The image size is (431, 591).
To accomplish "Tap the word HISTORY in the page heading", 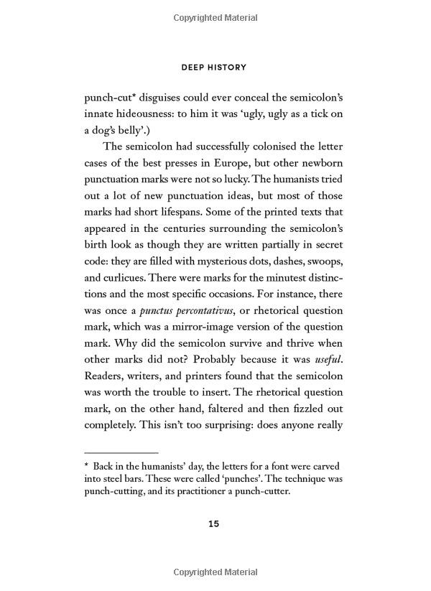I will click(x=228, y=68).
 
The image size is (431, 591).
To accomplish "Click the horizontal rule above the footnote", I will click(x=121, y=453).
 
